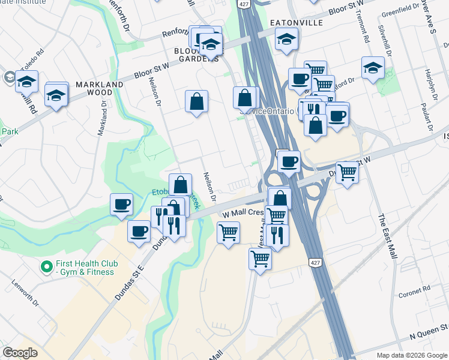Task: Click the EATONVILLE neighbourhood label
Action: (297, 23)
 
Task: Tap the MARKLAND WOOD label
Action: (100, 89)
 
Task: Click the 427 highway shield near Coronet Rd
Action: (315, 263)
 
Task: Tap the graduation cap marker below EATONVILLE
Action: (287, 40)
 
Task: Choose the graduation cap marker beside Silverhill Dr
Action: (373, 68)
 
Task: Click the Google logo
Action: (20, 353)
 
